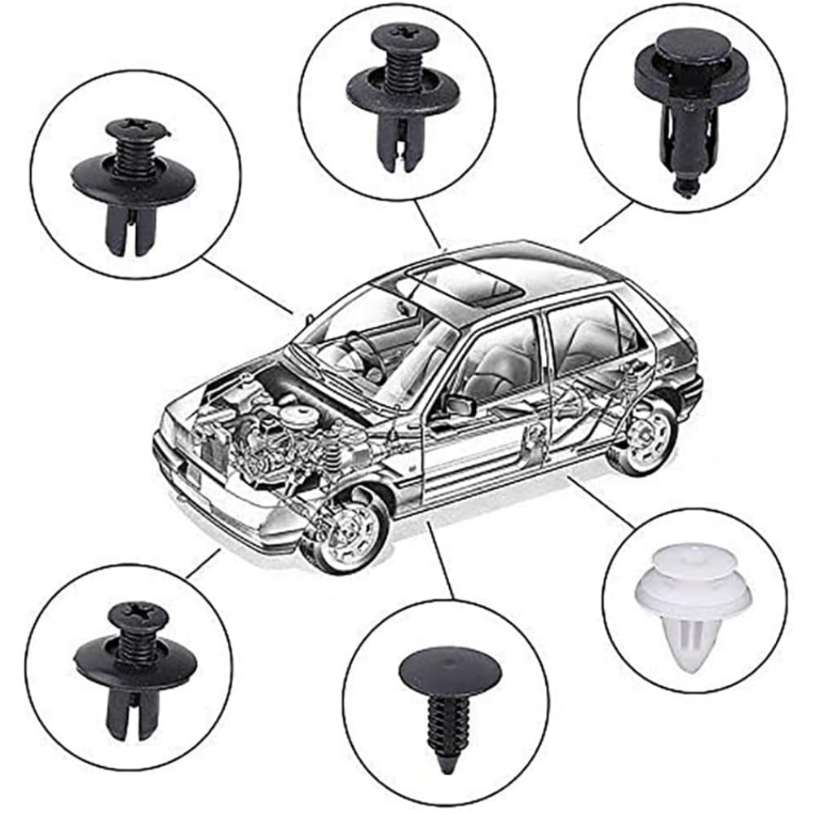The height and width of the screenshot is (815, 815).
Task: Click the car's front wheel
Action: pos(343,531)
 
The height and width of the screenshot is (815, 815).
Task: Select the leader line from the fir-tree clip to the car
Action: pos(441,563)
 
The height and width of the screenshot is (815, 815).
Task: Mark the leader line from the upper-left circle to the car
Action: pos(244,286)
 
